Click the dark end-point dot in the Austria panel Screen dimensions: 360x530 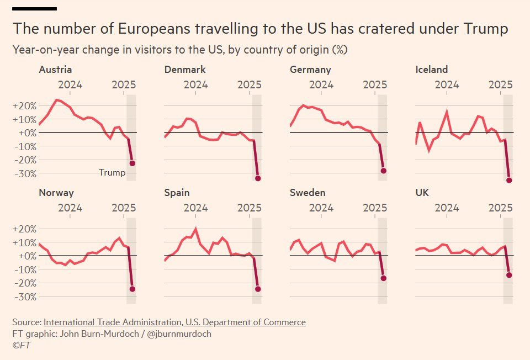click(x=132, y=163)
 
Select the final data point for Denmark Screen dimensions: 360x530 click(x=258, y=178)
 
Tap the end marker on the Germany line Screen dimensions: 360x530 click(x=383, y=171)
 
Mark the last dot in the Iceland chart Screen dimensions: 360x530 click(x=509, y=181)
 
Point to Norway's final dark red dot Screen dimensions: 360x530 click(x=132, y=289)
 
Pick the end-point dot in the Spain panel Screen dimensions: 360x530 click(x=258, y=289)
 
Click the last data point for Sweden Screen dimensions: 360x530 click(x=383, y=278)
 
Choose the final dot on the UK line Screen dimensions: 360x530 click(x=509, y=275)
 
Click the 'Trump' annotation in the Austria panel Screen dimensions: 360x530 click(x=112, y=173)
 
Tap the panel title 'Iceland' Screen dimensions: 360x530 click(x=431, y=70)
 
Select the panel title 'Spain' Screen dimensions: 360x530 click(x=177, y=193)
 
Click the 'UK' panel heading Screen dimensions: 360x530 click(x=422, y=193)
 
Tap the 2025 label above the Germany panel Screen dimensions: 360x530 click(x=375, y=85)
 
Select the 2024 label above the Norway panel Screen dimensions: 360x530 click(x=70, y=208)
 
